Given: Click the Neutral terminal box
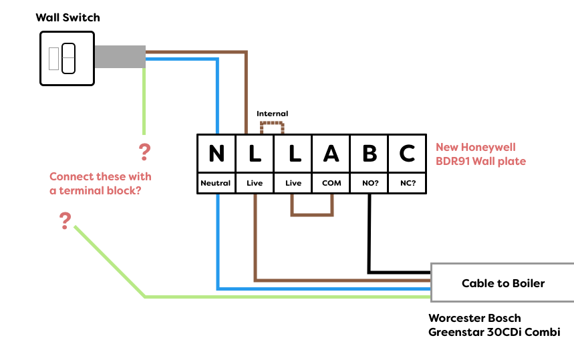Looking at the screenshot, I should pos(216,183).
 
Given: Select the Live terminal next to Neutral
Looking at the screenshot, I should pos(255,183).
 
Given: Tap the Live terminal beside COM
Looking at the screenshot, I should pos(293,183).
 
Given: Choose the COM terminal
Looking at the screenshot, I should pos(331,183).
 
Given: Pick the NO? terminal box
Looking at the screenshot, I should pos(370,183).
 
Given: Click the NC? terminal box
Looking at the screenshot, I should pos(408,183).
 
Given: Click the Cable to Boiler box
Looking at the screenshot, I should pos(503,283).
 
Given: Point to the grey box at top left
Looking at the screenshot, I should pos(120,57).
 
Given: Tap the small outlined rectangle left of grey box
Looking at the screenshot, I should pos(53,59).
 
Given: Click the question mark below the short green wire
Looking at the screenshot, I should pos(144,152).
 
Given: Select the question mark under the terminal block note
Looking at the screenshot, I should pos(65,221).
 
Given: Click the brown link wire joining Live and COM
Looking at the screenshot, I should pos(312,215).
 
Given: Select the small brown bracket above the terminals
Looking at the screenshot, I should pos(272,124).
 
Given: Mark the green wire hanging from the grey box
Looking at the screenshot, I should pos(144,100).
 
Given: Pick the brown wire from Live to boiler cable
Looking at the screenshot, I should pos(334,280).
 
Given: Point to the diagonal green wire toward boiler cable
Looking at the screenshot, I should pos(110,261).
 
